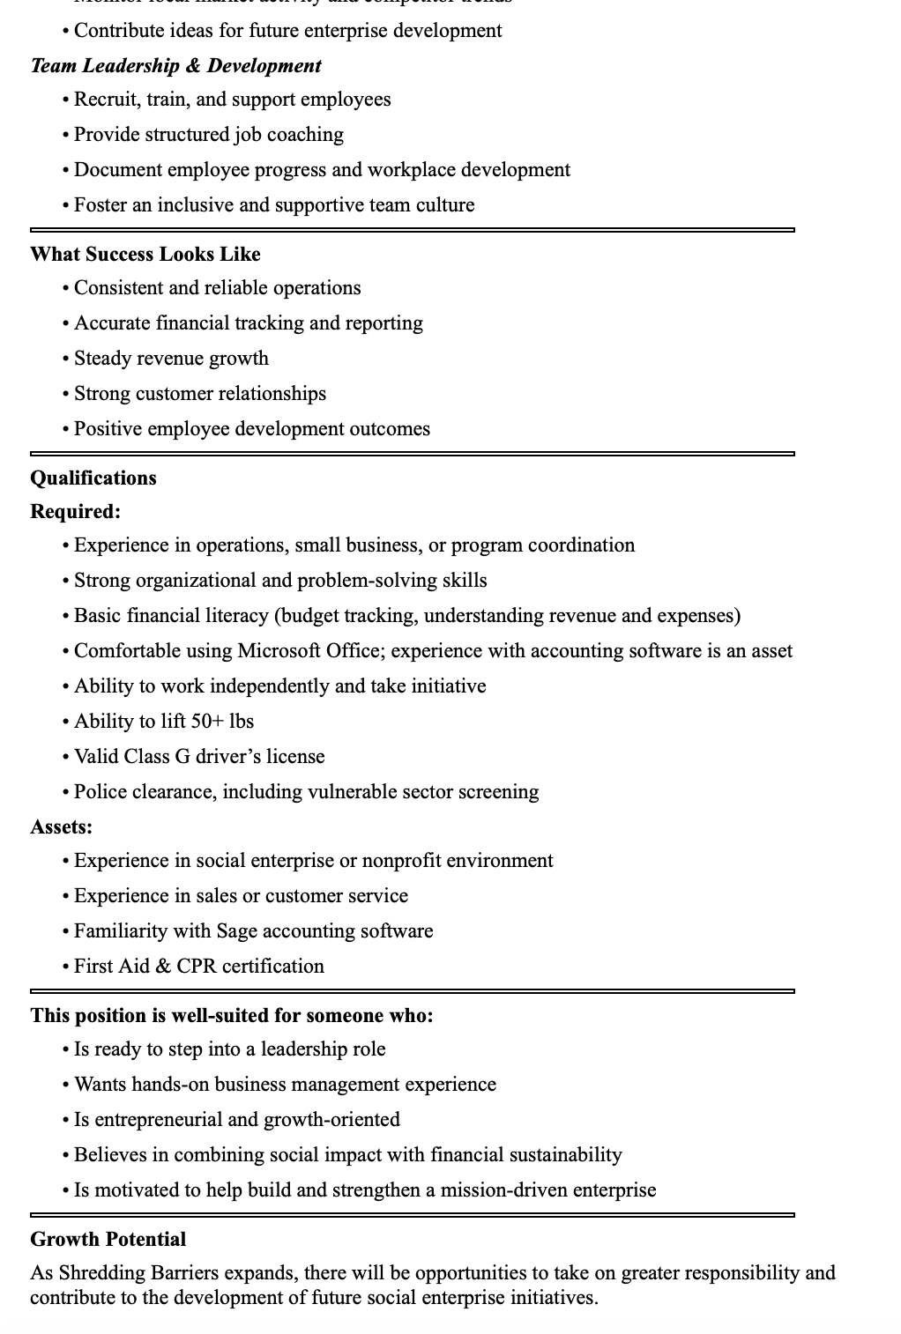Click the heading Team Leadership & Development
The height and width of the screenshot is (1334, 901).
(x=175, y=66)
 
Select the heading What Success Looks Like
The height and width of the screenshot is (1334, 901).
(x=145, y=255)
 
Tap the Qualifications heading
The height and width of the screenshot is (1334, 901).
(x=93, y=478)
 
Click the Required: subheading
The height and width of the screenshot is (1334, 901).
(x=76, y=512)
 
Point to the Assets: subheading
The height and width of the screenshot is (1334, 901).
(x=62, y=827)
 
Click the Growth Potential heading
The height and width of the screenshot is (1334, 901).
(x=108, y=1240)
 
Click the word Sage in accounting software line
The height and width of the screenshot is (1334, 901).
(x=236, y=931)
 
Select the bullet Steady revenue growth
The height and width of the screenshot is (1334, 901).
(x=171, y=359)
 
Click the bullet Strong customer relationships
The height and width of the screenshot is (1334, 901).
(x=200, y=394)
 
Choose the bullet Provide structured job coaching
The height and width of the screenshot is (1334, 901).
(x=209, y=135)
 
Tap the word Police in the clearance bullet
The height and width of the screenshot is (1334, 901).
(x=100, y=792)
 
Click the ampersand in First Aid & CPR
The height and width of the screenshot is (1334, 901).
(x=162, y=967)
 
